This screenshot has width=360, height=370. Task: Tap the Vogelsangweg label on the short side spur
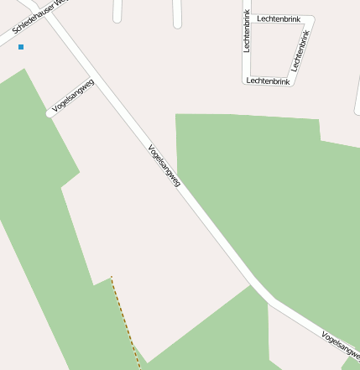tap(72, 96)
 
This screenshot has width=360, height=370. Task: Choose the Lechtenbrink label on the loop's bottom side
tap(268, 81)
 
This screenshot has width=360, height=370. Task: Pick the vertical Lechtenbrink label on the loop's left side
tap(247, 31)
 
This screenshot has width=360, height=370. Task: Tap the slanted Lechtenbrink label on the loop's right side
tap(300, 50)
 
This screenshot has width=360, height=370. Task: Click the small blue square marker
tap(21, 47)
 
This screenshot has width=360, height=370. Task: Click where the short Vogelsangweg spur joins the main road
tap(95, 80)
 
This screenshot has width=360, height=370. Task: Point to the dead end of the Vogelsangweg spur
tap(50, 112)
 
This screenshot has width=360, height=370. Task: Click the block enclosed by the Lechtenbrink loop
tap(274, 49)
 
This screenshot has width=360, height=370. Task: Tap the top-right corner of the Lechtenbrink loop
tap(311, 18)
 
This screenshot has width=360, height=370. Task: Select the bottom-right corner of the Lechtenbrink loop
tap(293, 81)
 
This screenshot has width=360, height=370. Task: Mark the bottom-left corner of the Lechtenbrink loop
tap(245, 81)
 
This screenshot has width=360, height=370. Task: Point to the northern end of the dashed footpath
tap(112, 277)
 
